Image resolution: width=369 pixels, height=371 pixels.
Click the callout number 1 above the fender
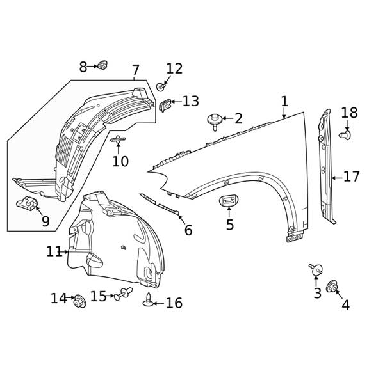tap(284, 102)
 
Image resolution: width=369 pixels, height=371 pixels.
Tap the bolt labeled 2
tap(215, 120)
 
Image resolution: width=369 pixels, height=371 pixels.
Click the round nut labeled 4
tap(332, 287)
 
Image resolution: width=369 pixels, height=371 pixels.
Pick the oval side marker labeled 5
tap(229, 201)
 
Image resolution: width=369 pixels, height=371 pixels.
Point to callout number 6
tap(188, 231)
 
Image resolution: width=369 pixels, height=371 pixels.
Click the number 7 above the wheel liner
tap(135, 70)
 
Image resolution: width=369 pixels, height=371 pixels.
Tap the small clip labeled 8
tap(102, 65)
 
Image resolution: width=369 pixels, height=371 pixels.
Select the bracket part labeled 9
tap(27, 204)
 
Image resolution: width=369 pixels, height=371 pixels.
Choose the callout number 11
tap(54, 252)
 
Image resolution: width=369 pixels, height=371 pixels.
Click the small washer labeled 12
tap(161, 86)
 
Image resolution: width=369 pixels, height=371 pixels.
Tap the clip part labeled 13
tap(165, 105)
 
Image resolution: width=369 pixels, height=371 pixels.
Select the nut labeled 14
tap(80, 301)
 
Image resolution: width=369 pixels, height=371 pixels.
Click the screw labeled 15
tap(123, 294)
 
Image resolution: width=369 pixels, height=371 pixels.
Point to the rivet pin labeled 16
tap(149, 301)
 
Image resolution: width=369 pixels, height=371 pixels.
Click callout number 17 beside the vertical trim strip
tap(351, 177)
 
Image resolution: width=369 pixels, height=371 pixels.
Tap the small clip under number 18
tap(345, 136)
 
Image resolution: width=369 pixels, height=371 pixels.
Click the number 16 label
tap(174, 303)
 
